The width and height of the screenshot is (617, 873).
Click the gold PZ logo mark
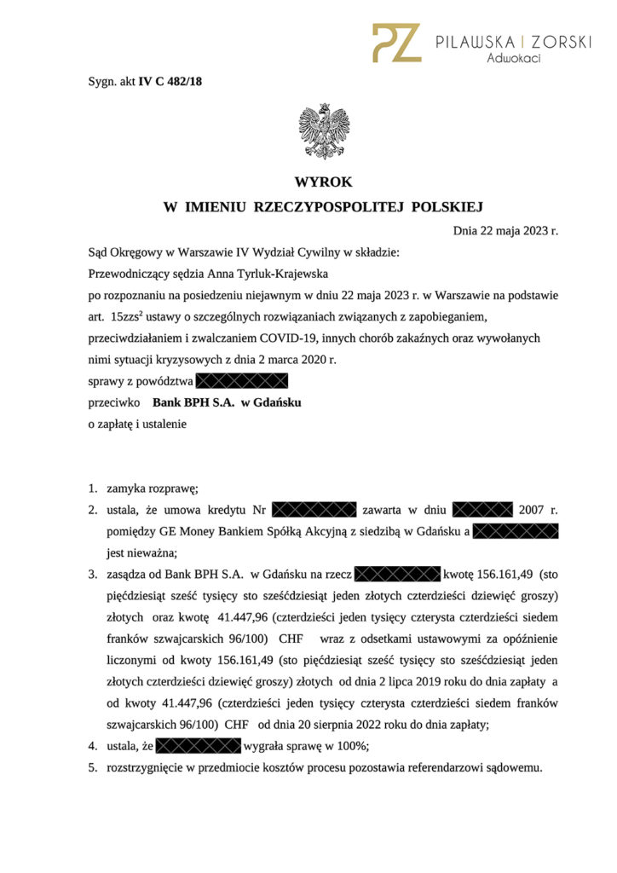(396, 43)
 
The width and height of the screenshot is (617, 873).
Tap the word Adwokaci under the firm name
(513, 59)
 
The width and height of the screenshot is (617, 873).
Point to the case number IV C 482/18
(170, 82)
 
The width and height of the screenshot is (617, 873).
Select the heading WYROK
(323, 182)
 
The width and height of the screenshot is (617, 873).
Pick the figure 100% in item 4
(351, 747)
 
